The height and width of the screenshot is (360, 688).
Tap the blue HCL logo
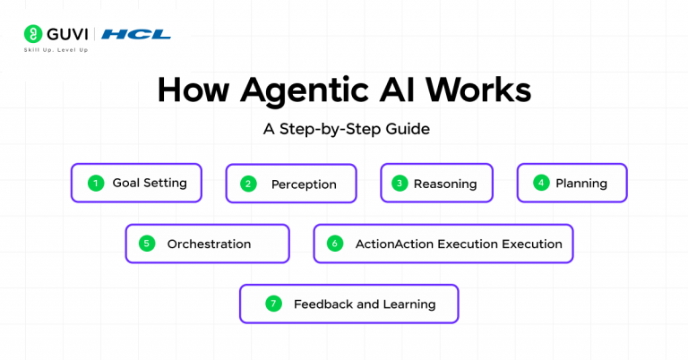pos(136,34)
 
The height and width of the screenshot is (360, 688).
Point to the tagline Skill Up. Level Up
pos(56,50)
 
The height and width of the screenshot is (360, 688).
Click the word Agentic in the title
pos(286,92)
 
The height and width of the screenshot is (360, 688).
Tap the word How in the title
pos(191,92)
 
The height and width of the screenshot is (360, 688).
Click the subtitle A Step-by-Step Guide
pos(346,129)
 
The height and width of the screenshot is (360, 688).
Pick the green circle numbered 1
pos(95,183)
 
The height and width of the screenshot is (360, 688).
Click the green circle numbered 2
pos(249,184)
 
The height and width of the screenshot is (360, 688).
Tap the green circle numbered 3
pos(400,184)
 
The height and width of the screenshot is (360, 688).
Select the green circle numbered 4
pos(540,183)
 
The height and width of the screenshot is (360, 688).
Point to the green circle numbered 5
pos(148,244)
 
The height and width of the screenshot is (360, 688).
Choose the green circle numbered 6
pos(335,244)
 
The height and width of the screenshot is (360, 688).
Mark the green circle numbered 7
pos(273,304)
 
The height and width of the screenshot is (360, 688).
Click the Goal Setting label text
pos(149,183)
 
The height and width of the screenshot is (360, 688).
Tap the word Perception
pos(304,184)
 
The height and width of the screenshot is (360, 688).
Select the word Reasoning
pos(445,184)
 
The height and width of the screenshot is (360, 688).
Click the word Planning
pos(580,183)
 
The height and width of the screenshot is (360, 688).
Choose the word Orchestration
pos(209,244)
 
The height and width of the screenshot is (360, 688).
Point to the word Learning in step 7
pos(408,304)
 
